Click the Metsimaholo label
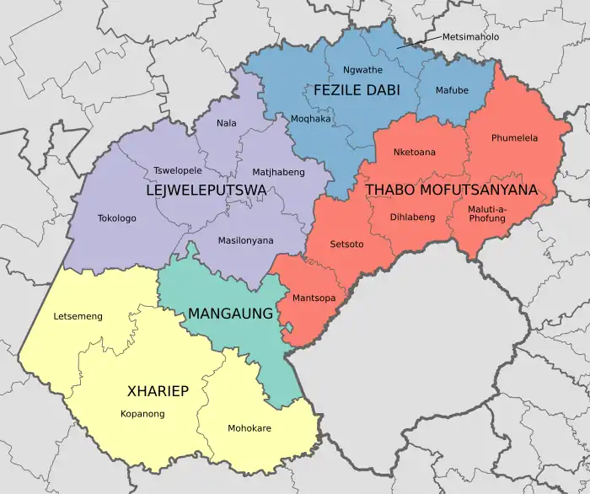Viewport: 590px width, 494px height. (470, 37)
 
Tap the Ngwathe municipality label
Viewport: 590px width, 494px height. (362, 70)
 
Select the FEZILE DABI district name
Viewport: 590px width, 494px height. (357, 89)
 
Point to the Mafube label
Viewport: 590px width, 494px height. (452, 90)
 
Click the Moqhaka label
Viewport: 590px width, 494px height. (310, 119)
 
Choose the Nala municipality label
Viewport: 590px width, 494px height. (226, 123)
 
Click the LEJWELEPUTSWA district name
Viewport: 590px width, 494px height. (206, 191)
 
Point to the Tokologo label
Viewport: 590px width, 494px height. (117, 217)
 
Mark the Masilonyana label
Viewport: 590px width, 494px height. (246, 240)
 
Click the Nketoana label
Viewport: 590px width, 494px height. (415, 153)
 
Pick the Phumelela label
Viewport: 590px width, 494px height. (514, 137)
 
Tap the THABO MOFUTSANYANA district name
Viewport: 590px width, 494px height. (451, 191)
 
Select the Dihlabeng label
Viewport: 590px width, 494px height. (412, 217)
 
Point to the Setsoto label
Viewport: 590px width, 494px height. (347, 244)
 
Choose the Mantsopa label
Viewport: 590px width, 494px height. (314, 298)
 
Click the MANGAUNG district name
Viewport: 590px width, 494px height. (230, 314)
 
